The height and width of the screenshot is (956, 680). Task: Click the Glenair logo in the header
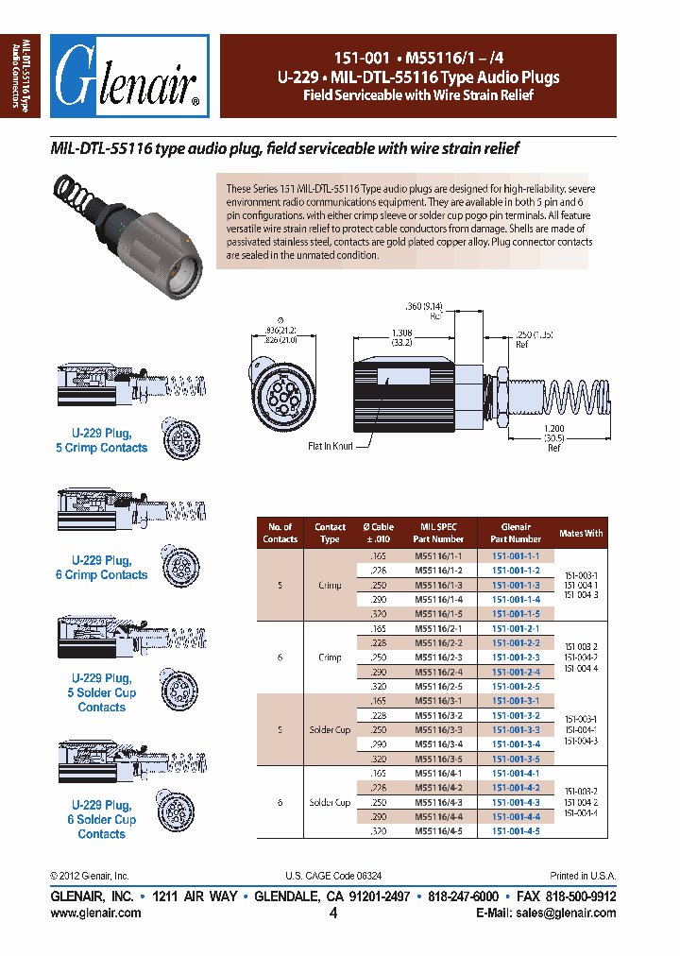coord(129,77)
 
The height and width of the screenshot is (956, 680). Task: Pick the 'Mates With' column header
coord(582,533)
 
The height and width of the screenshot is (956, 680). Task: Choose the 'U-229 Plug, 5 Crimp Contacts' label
coord(102,440)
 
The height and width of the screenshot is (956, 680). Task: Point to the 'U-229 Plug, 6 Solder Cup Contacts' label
coord(102,819)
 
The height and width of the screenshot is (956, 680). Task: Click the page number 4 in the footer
coord(333,913)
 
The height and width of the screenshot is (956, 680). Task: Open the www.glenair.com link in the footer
coord(95,913)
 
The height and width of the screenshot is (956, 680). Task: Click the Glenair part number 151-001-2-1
coord(516,628)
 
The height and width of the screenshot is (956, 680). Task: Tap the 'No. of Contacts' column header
coord(280,533)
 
